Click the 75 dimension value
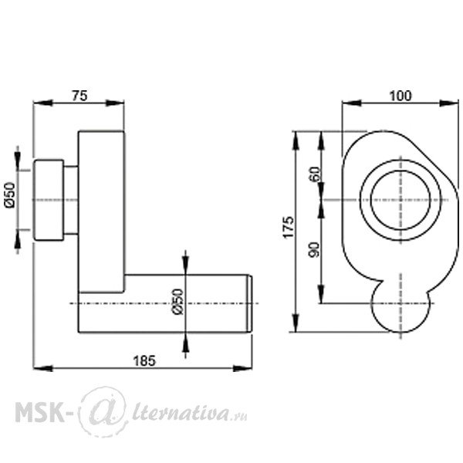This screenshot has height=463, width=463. (x=79, y=96)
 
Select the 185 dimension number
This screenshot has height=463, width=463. (x=144, y=360)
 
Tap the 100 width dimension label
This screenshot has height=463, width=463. (x=400, y=96)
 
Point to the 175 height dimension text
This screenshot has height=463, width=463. (x=289, y=227)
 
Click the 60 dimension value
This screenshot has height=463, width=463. (x=315, y=174)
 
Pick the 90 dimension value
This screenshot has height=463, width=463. (x=314, y=249)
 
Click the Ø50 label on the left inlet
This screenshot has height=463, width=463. (x=10, y=195)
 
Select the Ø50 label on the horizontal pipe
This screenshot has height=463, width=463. (x=178, y=301)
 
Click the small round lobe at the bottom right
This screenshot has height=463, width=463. (x=400, y=331)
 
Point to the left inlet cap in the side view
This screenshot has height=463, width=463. (x=49, y=200)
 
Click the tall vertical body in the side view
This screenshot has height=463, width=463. (x=101, y=211)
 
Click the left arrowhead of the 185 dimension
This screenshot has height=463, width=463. (x=42, y=369)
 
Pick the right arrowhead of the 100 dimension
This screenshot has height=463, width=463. (x=449, y=103)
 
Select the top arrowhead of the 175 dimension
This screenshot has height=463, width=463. (x=296, y=141)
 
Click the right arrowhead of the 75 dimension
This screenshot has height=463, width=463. (x=115, y=103)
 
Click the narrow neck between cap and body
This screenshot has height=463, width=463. (x=71, y=200)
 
